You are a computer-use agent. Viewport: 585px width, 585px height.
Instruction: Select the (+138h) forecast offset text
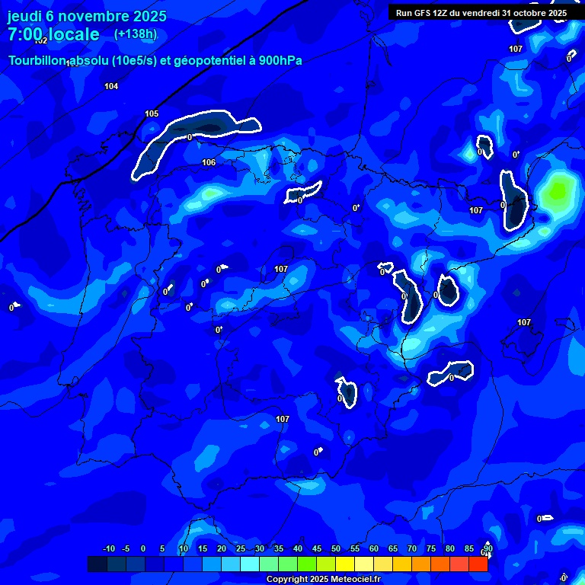pyautogui.click(x=136, y=34)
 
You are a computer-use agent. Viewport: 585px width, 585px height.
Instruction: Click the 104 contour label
pyautogui.click(x=111, y=87)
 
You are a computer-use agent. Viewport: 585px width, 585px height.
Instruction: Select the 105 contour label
pyautogui.click(x=152, y=114)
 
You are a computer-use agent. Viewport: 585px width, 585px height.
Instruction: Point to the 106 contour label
pyautogui.click(x=209, y=163)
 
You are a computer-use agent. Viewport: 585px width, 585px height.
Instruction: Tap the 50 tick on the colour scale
pyautogui.click(x=336, y=549)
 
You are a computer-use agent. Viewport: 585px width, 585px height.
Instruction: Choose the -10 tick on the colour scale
pyautogui.click(x=108, y=549)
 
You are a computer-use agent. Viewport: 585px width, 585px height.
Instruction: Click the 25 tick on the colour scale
pyautogui.click(x=241, y=549)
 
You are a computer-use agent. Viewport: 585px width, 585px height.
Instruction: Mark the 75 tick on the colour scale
pyautogui.click(x=431, y=549)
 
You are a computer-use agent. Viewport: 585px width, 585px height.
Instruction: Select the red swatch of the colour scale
pyautogui.click(x=478, y=564)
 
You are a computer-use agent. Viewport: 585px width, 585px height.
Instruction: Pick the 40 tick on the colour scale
pyautogui.click(x=298, y=549)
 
